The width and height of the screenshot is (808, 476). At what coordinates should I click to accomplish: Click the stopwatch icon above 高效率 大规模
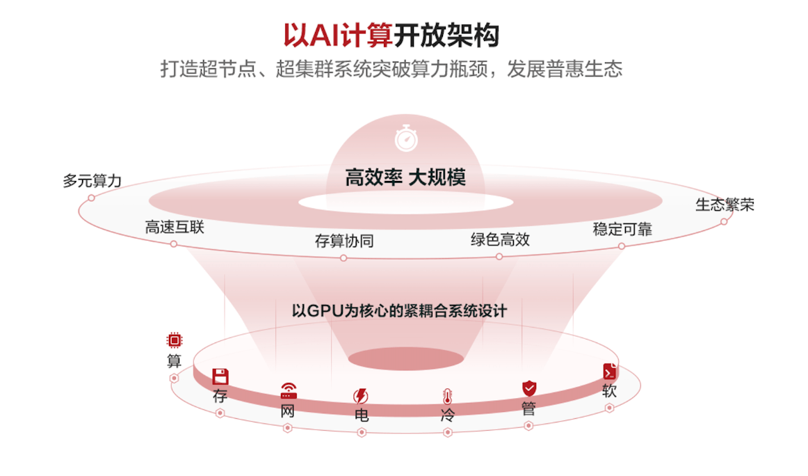pyautogui.click(x=406, y=138)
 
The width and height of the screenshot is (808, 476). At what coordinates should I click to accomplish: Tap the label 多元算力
pyautogui.click(x=92, y=181)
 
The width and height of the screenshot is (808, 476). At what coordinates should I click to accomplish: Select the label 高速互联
pyautogui.click(x=175, y=228)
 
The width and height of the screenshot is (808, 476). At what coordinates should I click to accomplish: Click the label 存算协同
pyautogui.click(x=344, y=241)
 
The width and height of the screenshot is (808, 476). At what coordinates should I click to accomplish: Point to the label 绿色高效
pyautogui.click(x=500, y=240)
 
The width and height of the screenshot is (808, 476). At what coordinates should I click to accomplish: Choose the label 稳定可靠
pyautogui.click(x=622, y=229)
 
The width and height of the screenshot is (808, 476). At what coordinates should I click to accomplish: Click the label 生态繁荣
pyautogui.click(x=725, y=205)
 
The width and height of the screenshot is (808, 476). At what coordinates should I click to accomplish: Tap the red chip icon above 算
pyautogui.click(x=174, y=340)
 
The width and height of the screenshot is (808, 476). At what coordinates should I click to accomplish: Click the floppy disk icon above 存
pyautogui.click(x=220, y=376)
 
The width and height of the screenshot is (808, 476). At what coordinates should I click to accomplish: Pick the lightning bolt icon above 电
pyautogui.click(x=361, y=396)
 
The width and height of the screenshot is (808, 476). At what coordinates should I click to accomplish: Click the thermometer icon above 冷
pyautogui.click(x=447, y=397)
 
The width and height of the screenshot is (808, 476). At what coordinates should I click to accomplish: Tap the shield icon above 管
pyautogui.click(x=529, y=388)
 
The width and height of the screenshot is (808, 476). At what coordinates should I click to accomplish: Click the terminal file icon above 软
pyautogui.click(x=610, y=371)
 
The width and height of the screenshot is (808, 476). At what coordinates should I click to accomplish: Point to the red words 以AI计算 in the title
pyautogui.click(x=338, y=35)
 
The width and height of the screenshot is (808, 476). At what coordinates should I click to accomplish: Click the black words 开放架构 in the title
pyautogui.click(x=446, y=35)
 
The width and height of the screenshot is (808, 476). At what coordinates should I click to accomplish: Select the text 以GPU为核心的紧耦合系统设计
pyautogui.click(x=399, y=310)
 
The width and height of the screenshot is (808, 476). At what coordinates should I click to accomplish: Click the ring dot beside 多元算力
pyautogui.click(x=91, y=198)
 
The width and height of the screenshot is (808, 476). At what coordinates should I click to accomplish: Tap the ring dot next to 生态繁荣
pyautogui.click(x=724, y=221)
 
